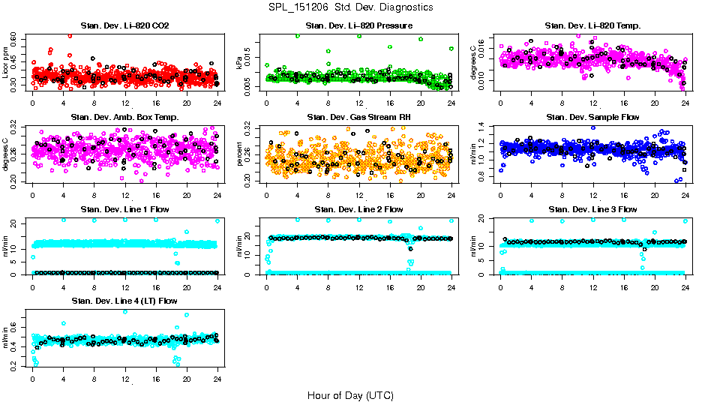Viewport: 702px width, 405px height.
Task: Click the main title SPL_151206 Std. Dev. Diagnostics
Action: pyautogui.click(x=350, y=7)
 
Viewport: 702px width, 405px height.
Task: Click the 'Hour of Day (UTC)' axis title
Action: pyautogui.click(x=350, y=394)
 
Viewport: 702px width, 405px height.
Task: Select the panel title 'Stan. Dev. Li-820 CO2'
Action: pyautogui.click(x=124, y=26)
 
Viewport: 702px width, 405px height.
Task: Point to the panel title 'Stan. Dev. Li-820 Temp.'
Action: pyautogui.click(x=592, y=26)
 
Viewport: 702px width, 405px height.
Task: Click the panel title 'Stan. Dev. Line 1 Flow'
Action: pyautogui.click(x=124, y=209)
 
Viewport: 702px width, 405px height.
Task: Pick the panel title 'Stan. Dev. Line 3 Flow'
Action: pyautogui.click(x=592, y=209)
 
